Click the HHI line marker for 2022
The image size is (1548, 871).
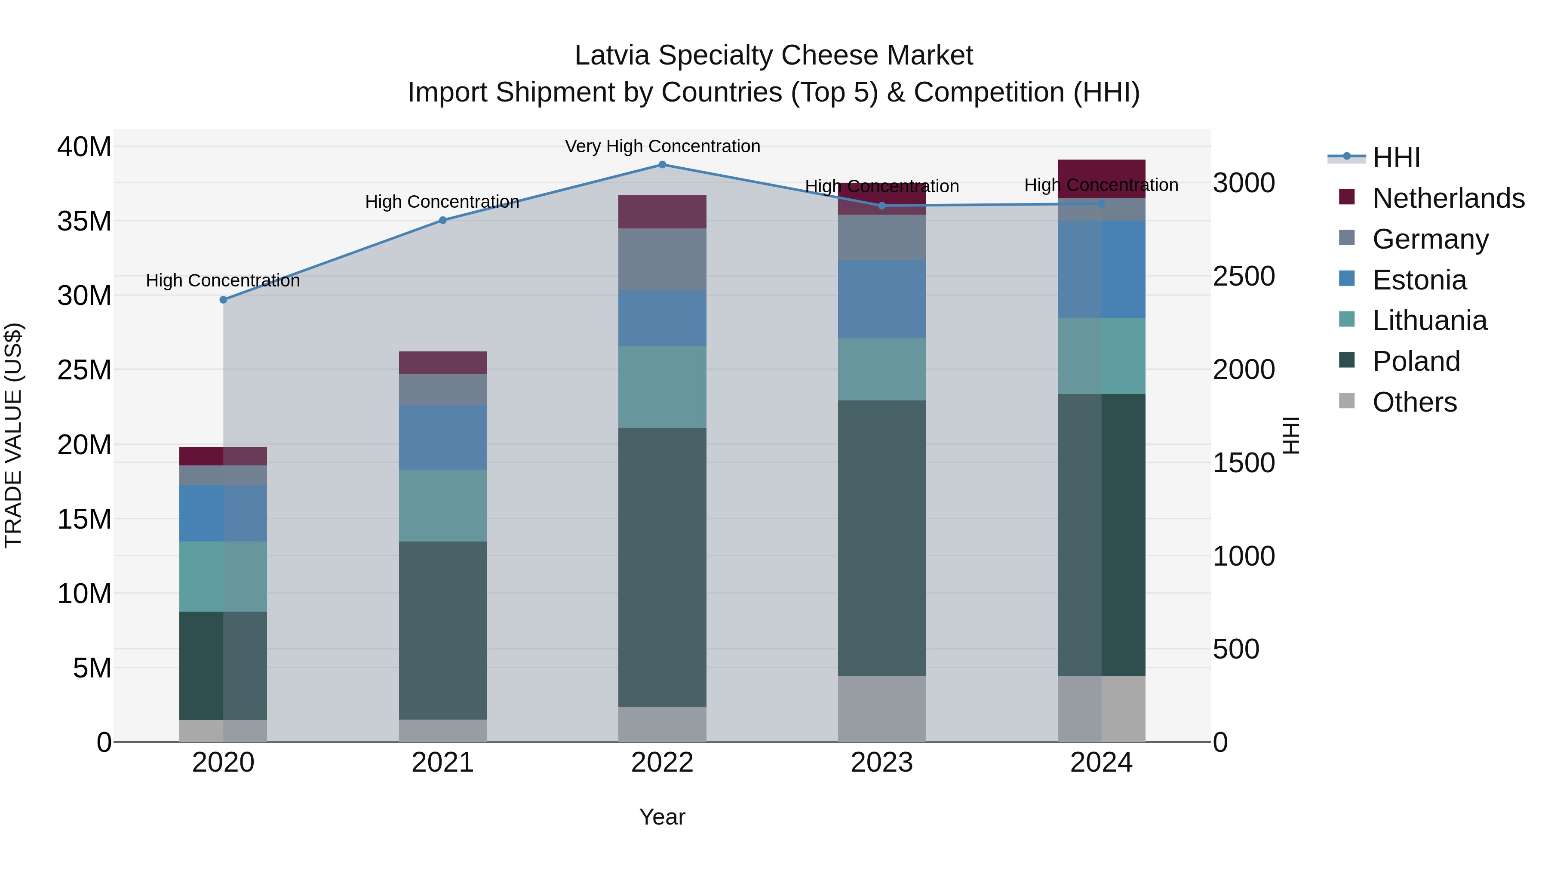coord(662,165)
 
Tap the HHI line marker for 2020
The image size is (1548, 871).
coord(224,300)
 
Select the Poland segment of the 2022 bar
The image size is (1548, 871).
coord(662,567)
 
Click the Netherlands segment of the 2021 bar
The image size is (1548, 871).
coord(443,363)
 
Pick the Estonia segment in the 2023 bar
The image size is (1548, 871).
coord(881,299)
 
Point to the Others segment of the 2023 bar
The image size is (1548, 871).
coord(881,709)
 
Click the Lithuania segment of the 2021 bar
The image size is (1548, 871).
coord(443,505)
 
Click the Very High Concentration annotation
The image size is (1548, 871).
coord(662,146)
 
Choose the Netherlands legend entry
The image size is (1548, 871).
coord(1448,198)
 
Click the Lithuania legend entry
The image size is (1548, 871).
coord(1429,320)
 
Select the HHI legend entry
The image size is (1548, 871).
coord(1396,157)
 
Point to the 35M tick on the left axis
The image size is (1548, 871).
coord(84,221)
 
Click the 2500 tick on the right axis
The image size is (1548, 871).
coord(1243,277)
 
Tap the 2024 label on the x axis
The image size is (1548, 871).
coord(1101,763)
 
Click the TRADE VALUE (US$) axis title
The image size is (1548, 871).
coord(13,435)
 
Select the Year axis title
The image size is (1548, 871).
coord(662,817)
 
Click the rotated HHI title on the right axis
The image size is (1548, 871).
coord(1291,435)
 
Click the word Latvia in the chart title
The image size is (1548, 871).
coord(612,55)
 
